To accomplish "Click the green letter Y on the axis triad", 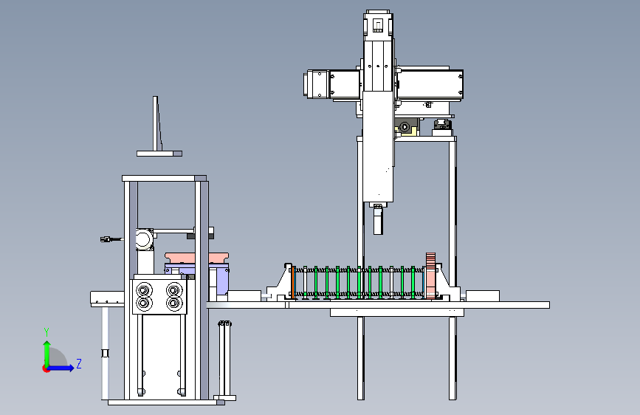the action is tap(47, 332).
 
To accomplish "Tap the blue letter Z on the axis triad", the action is tap(79, 364).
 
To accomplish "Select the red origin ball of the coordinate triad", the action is tap(46, 368).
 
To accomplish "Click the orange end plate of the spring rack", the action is tap(292, 282).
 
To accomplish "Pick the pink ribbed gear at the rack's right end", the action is tap(430, 275).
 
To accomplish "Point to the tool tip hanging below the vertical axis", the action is tap(379, 220).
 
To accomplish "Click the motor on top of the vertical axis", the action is tap(379, 25).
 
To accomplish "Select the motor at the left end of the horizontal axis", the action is tap(317, 84).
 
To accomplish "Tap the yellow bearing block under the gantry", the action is tap(407, 128).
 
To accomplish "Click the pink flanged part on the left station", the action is tap(197, 258).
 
